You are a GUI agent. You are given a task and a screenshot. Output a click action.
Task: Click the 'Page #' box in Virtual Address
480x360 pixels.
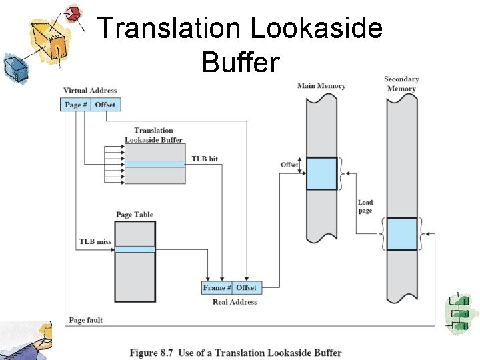76,105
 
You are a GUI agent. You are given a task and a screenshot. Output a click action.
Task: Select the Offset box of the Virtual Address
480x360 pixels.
105,105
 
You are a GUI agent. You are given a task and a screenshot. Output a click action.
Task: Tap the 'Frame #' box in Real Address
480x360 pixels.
217,288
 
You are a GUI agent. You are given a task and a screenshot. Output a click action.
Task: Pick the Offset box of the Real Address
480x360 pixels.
246,288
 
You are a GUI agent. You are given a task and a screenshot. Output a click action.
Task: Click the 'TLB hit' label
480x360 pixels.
205,159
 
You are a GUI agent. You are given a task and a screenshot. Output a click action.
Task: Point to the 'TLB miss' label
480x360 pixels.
95,242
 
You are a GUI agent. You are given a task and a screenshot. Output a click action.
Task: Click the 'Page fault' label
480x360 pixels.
86,321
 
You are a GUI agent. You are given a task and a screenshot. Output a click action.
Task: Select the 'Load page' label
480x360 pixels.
365,207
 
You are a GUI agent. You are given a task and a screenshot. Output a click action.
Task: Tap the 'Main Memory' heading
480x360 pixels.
321,86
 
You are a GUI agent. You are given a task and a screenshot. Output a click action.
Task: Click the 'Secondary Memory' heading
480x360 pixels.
401,84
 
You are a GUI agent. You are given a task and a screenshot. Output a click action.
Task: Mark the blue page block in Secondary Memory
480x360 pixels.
402,233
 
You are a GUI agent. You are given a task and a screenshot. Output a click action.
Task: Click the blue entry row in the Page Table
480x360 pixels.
135,249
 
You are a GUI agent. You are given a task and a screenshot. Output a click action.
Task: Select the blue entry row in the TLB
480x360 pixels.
155,164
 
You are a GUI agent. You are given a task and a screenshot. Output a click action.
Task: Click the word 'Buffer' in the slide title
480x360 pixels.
241,63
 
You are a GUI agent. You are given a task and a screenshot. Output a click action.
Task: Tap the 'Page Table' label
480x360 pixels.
135,215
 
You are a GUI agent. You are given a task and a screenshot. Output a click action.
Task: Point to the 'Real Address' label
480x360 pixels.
235,302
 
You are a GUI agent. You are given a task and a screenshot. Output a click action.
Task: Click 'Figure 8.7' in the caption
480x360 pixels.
153,353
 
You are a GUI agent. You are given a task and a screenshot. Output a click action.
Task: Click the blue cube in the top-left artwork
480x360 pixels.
14,66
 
